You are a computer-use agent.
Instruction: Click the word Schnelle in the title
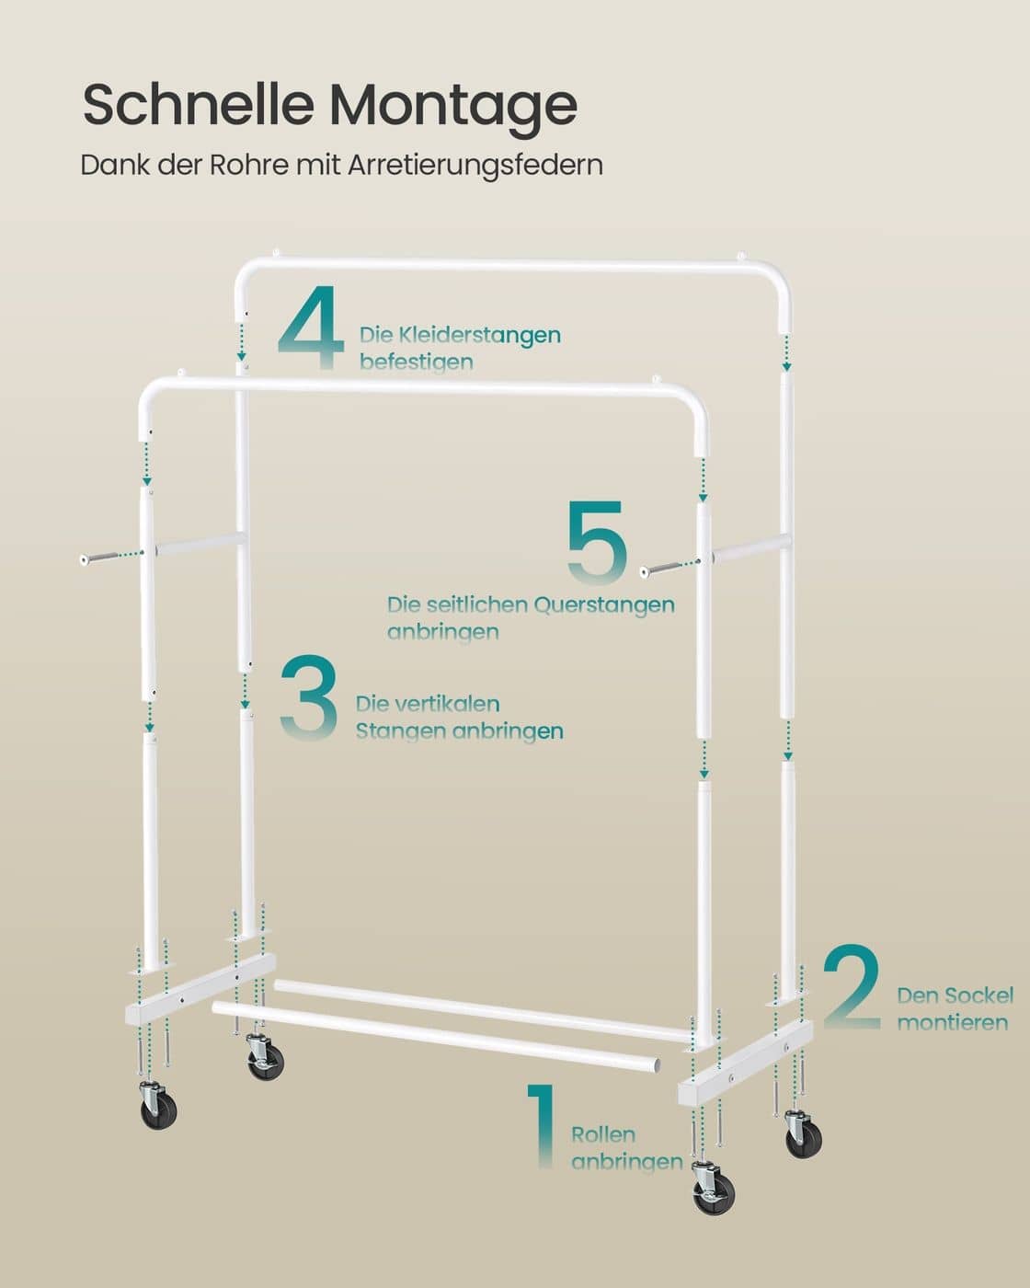[x=198, y=104]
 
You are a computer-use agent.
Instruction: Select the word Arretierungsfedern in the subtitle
[x=475, y=166]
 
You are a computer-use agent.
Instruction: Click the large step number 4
[x=311, y=327]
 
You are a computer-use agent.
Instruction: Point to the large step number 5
[x=597, y=542]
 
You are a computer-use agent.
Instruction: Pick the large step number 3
[x=309, y=698]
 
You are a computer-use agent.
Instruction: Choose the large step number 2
[x=853, y=986]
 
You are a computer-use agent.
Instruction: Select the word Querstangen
[x=604, y=605]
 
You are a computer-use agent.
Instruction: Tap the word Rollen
[x=603, y=1134]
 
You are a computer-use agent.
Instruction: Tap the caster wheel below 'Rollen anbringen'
[x=713, y=1188]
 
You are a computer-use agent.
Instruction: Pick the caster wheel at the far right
[x=803, y=1134]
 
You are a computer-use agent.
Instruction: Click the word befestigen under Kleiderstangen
[x=417, y=362]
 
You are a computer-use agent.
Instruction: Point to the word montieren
[x=953, y=1023]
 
